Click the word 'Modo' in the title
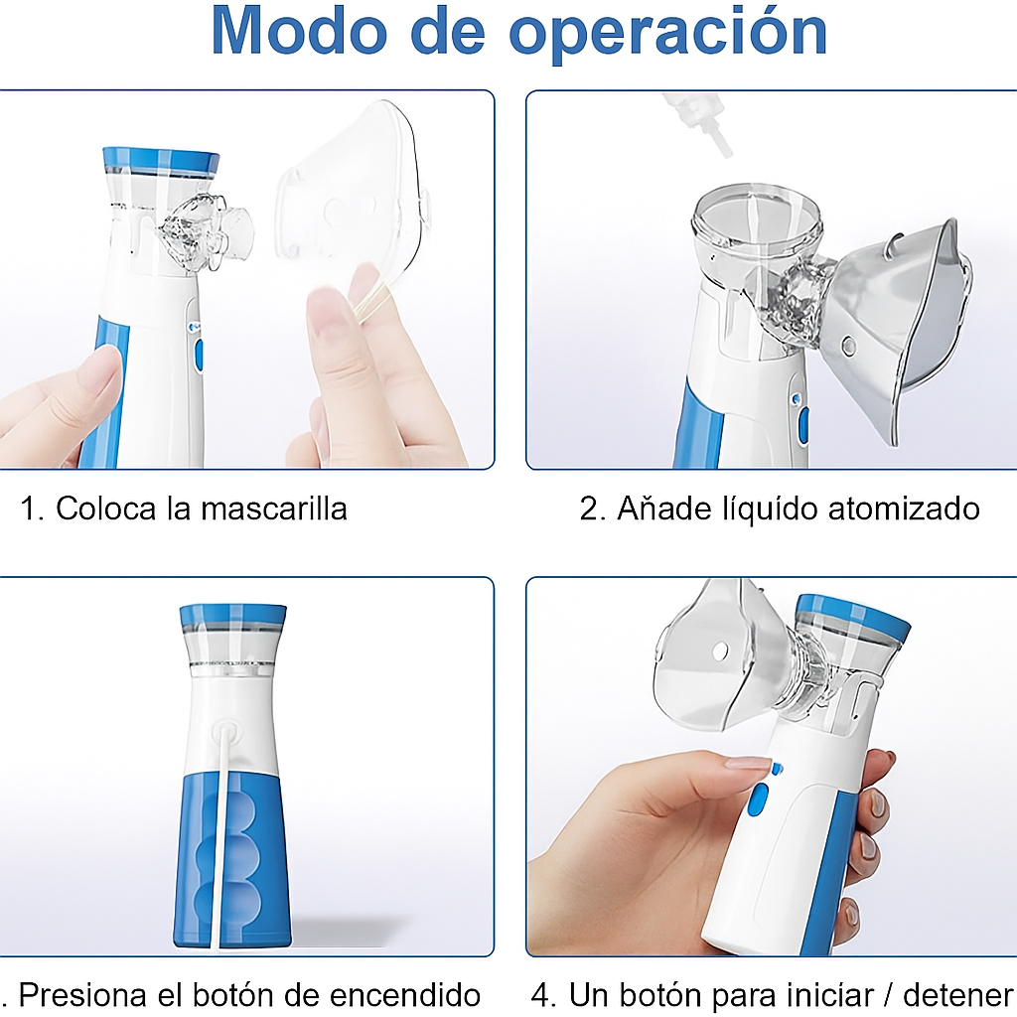coord(298,31)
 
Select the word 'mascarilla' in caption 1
coord(274,508)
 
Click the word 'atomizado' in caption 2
coord(904,508)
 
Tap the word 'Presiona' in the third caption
coord(83,994)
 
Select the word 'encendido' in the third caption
coord(405,994)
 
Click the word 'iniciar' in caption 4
coord(822,994)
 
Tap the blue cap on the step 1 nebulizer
coord(161,162)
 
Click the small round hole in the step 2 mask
coord(847,346)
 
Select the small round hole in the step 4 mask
coord(719,652)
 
